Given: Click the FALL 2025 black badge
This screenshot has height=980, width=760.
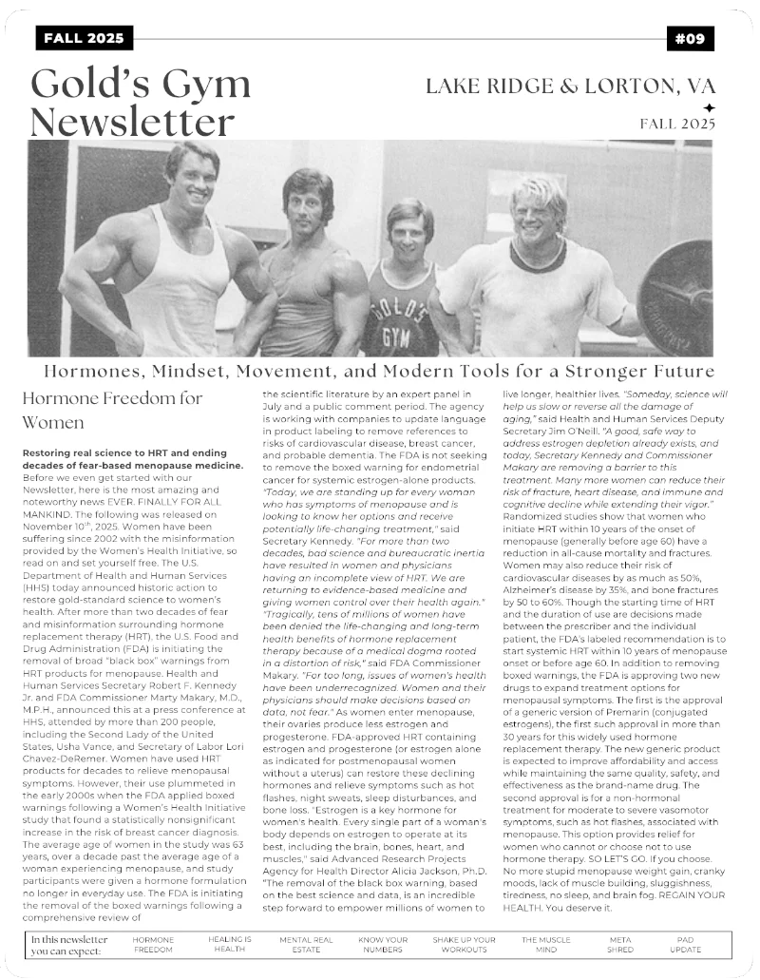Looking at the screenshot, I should click(85, 38).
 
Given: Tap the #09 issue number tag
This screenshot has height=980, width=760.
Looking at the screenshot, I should click(690, 38).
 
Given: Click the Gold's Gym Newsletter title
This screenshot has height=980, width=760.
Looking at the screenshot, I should click(141, 103).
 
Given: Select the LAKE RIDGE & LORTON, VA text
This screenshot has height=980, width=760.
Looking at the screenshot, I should click(570, 86).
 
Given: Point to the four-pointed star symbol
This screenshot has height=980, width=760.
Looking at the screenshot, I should click(708, 107).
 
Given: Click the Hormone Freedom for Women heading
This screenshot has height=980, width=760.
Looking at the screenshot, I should click(112, 409).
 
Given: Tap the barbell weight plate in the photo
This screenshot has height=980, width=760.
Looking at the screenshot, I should click(677, 296).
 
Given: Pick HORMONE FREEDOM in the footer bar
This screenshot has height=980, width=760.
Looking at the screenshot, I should click(153, 944).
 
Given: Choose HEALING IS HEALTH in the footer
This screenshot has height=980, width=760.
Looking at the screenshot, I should click(229, 944).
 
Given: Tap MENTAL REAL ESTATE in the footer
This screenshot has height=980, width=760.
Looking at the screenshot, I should click(306, 944).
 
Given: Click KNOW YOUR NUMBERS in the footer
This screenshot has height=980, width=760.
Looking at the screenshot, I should click(383, 944).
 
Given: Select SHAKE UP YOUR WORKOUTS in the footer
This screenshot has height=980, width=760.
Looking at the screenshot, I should click(464, 944).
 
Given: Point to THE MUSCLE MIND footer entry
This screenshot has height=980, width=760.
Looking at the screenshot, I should click(545, 944).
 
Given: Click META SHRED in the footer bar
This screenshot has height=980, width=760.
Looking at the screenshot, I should click(619, 944).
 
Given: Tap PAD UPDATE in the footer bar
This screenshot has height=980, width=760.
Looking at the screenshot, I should click(685, 944).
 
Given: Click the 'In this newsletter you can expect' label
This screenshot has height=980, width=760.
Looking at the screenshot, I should click(68, 944).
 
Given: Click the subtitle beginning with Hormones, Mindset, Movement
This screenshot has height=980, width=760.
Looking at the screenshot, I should click(379, 371).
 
